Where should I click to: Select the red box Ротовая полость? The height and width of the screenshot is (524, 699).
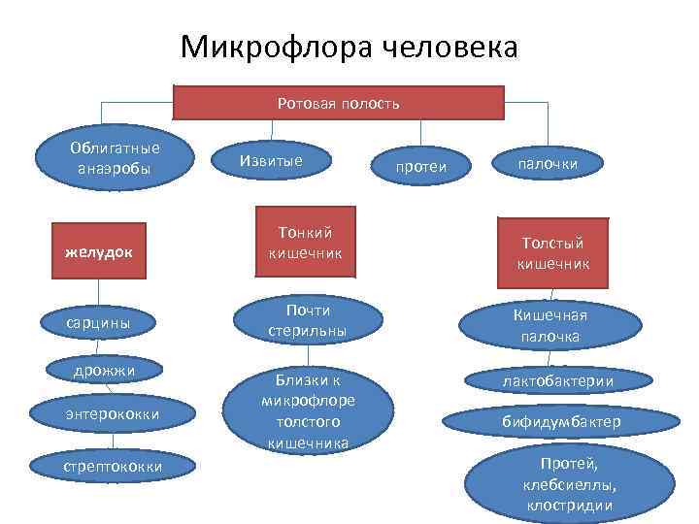pos(338,103)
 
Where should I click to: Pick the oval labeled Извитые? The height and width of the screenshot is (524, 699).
pos(272,159)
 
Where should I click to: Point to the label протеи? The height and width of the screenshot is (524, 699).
pos(420,167)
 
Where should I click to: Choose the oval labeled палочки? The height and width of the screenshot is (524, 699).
pos(549,164)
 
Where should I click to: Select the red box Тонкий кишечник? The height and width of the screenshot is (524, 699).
pos(305,243)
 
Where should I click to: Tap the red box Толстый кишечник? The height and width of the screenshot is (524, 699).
pos(550,252)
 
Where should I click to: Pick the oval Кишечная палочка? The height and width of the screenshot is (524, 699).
pos(549,325)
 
